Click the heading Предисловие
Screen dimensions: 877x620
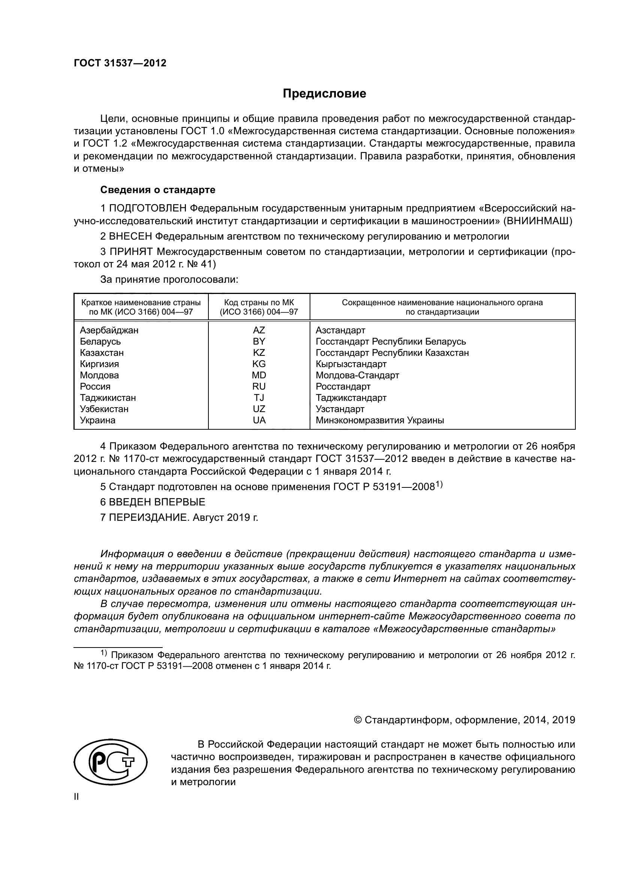coord(324,94)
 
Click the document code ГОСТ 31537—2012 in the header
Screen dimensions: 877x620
coord(120,63)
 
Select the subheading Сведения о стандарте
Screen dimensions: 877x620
coord(158,190)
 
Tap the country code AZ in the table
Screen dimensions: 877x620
coord(259,330)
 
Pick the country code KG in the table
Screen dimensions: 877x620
coord(259,364)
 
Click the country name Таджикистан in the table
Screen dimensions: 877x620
coord(108,397)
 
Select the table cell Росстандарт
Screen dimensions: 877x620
coord(343,387)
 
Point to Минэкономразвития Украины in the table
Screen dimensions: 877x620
coord(379,421)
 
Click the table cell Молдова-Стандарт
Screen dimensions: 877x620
coord(357,375)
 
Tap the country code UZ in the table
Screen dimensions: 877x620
coord(259,409)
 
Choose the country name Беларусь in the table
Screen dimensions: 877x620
coord(100,342)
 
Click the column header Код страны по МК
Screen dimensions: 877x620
coord(259,303)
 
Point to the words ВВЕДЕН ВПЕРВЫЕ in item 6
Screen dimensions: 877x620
coord(157,502)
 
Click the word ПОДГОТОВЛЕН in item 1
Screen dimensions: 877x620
coord(148,208)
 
